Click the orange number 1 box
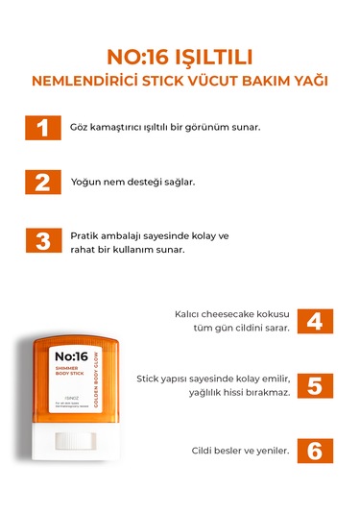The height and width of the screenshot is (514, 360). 42,128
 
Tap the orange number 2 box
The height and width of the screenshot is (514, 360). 42,183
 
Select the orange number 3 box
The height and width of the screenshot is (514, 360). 42,240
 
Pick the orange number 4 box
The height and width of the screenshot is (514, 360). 314,321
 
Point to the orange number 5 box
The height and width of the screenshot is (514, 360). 314,384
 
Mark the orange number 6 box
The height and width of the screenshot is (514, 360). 314,449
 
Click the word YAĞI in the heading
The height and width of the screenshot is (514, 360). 309,81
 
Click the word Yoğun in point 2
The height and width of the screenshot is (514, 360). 87,182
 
